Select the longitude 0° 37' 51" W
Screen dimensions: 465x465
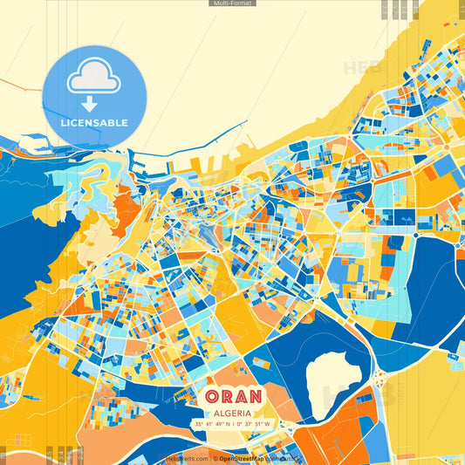(254, 425)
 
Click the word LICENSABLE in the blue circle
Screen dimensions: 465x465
(93, 123)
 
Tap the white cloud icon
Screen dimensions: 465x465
(93, 78)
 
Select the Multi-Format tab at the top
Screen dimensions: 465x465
(232, 3)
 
